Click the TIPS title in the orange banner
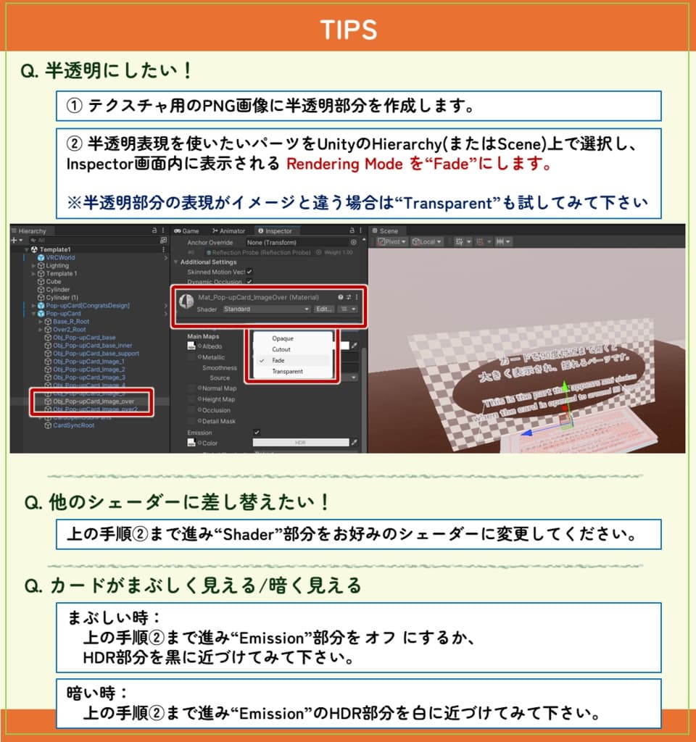348,30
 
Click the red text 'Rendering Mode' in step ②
344,164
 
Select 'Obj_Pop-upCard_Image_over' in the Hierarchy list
94,401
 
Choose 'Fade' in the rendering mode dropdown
278,360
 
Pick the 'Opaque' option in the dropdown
283,338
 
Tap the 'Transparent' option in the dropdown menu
287,371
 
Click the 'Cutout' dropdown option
282,349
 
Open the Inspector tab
278,231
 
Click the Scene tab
389,231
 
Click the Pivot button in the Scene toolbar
391,242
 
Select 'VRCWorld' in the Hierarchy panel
60,257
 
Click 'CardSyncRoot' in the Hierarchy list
73,425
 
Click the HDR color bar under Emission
299,443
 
